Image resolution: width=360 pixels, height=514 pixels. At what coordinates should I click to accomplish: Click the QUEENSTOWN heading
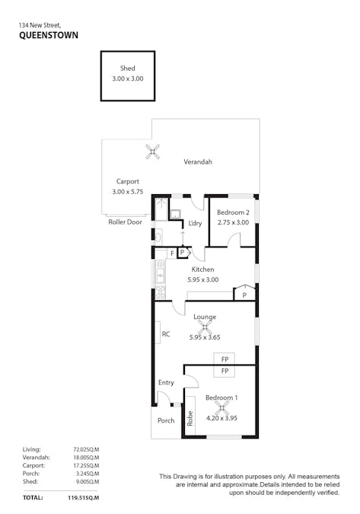pos(48,35)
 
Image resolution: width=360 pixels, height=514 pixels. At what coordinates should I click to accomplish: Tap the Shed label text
pos(128,69)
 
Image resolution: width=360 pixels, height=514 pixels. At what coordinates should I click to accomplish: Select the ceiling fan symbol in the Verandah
pos(153,152)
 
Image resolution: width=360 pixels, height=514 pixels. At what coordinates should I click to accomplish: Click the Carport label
pos(127,181)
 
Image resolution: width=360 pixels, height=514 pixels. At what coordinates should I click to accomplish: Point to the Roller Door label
pos(125,222)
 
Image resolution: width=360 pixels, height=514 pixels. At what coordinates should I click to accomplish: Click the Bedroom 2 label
pos(232,212)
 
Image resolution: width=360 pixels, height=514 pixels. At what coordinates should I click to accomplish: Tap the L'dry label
pos(195,223)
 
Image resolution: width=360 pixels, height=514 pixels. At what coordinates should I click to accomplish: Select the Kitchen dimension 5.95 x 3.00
pos(203,279)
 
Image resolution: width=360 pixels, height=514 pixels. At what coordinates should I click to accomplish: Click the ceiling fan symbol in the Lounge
pos(204,327)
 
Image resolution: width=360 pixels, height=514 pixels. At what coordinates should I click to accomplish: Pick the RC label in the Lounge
pos(165,334)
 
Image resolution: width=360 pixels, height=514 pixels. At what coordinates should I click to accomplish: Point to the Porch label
pos(165,420)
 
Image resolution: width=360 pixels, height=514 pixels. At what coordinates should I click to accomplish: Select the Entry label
pos(166,382)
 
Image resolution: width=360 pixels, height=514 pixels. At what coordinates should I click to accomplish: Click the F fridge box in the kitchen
pos(172,252)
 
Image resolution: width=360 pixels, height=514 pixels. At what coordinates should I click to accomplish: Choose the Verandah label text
pos(198,162)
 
